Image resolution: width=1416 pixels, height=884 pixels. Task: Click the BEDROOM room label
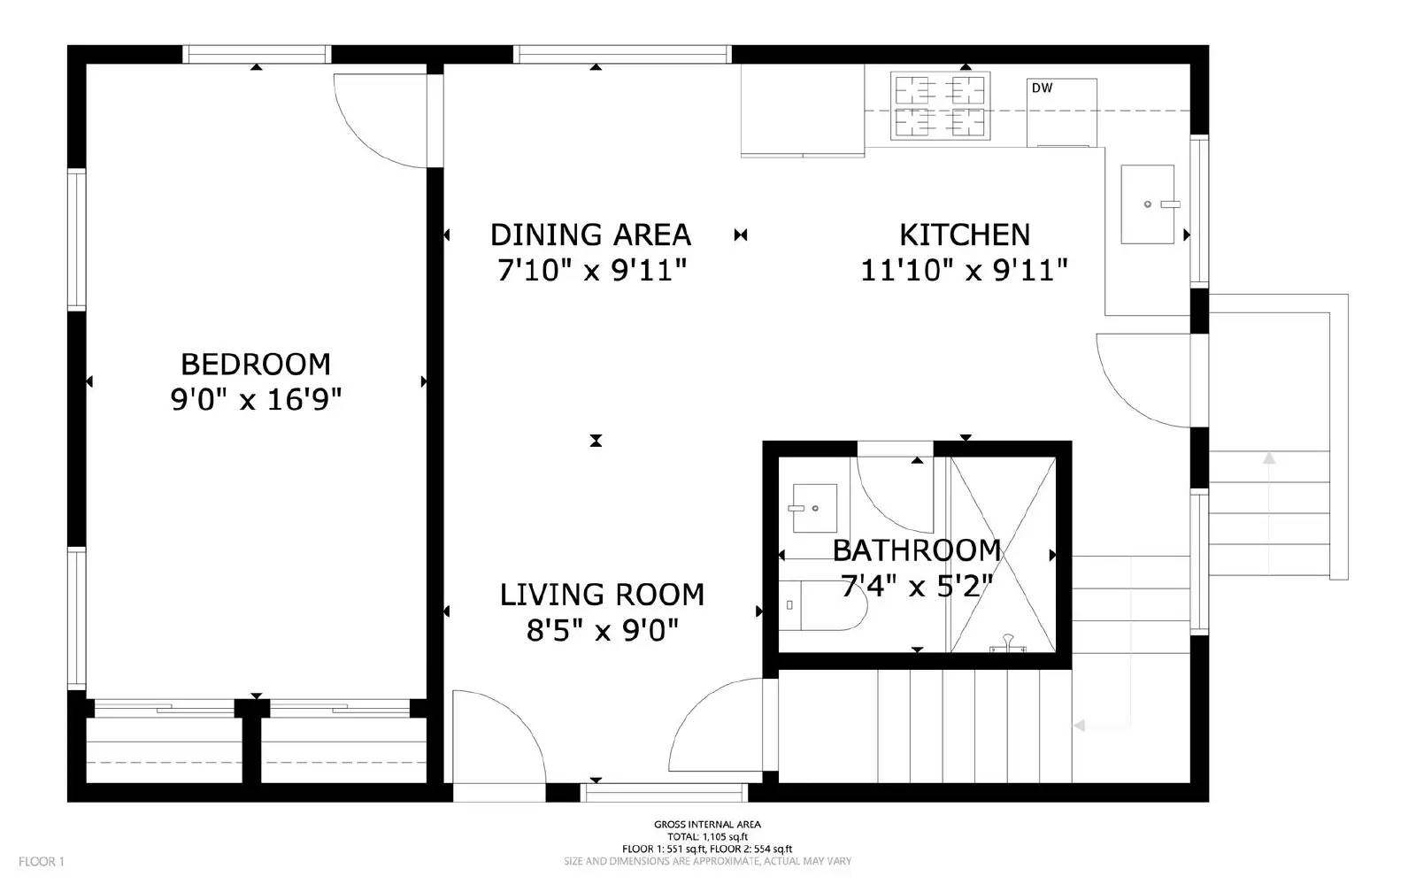tap(255, 364)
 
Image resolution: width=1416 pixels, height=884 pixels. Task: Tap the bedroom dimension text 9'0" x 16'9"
tap(255, 400)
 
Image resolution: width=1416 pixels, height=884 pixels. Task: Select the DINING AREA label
tap(590, 234)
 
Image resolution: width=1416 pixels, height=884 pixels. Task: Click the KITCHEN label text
tap(964, 234)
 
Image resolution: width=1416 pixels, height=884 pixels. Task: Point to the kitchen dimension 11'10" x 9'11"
tap(964, 270)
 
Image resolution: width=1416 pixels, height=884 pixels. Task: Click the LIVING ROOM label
tap(602, 594)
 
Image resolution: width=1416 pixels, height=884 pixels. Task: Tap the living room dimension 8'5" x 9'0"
tap(602, 630)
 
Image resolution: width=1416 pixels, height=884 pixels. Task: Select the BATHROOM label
tap(916, 550)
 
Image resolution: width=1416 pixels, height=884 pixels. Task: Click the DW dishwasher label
tap(1042, 88)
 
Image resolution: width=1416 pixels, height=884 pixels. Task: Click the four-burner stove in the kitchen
tap(940, 106)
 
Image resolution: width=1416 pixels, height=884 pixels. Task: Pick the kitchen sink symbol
tap(1148, 204)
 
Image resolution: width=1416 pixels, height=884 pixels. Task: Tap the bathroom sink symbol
tap(813, 508)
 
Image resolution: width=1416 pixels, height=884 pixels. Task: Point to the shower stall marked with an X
tap(1003, 554)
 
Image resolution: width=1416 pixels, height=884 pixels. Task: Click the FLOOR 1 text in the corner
tap(42, 861)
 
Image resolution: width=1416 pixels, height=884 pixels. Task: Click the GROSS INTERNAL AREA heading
tap(707, 825)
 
